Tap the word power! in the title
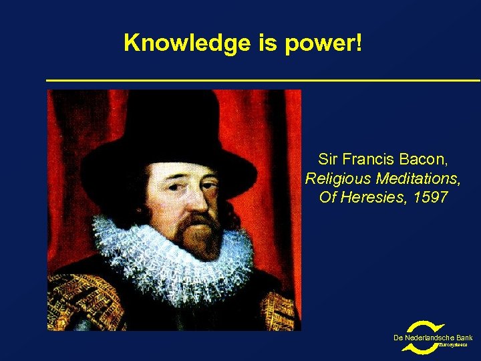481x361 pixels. [x=325, y=45]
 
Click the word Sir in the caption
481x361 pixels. [x=327, y=160]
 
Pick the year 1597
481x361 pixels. [x=430, y=198]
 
